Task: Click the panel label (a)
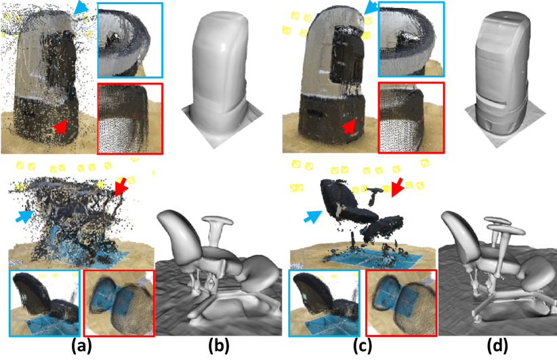point(82,346)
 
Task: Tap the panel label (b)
point(218,346)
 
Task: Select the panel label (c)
point(363,346)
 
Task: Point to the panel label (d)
point(497,346)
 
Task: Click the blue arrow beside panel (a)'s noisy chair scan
point(25,216)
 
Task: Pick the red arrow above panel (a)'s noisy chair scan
point(121,187)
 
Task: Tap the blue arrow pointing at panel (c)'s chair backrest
point(313,216)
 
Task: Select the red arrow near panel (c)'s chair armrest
point(398,187)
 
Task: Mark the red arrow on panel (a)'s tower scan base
point(60,127)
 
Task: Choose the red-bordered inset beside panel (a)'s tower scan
point(129,119)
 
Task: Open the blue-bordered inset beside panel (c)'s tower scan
point(411,39)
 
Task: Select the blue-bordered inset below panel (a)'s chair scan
point(45,303)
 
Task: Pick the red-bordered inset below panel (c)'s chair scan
point(401,303)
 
